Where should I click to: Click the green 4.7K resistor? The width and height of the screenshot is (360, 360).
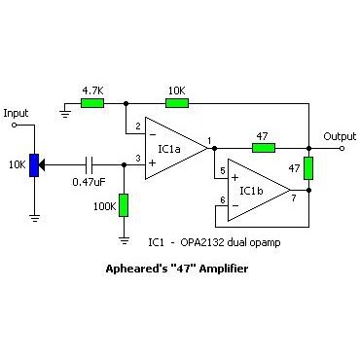pos(92,101)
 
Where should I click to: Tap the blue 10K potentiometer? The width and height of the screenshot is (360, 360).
pos(34,164)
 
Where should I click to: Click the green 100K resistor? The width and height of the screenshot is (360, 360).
pos(124,205)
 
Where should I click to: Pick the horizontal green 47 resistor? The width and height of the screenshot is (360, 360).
pos(263,148)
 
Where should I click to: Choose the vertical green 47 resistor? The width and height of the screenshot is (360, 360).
pos(308,168)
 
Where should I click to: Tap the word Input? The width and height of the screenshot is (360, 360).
pos(17,114)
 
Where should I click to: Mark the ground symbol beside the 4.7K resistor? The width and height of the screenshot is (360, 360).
pos(64,111)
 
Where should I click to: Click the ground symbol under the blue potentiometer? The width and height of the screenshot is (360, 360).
pos(34,216)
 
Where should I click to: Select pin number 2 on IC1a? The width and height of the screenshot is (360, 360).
pos(138,126)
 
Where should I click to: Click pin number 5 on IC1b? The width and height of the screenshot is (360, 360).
pos(223,171)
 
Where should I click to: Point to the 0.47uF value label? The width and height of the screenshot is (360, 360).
pos(89,182)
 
